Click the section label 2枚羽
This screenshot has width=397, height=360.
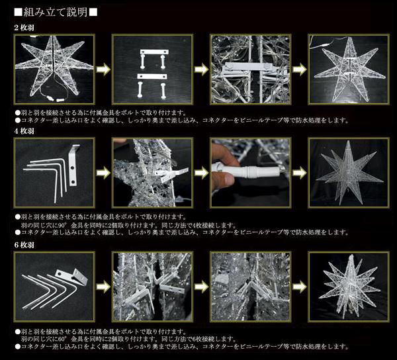[x=26, y=28]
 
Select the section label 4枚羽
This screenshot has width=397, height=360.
[x=26, y=132]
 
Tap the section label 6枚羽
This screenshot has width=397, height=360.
[x=26, y=244]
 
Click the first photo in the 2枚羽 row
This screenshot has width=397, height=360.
[x=54, y=68]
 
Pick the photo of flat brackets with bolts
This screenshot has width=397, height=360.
[x=153, y=68]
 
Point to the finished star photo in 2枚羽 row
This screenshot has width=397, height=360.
[x=347, y=68]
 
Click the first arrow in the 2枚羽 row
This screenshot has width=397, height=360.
[x=103, y=69]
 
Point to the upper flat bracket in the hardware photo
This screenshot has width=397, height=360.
[x=153, y=52]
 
